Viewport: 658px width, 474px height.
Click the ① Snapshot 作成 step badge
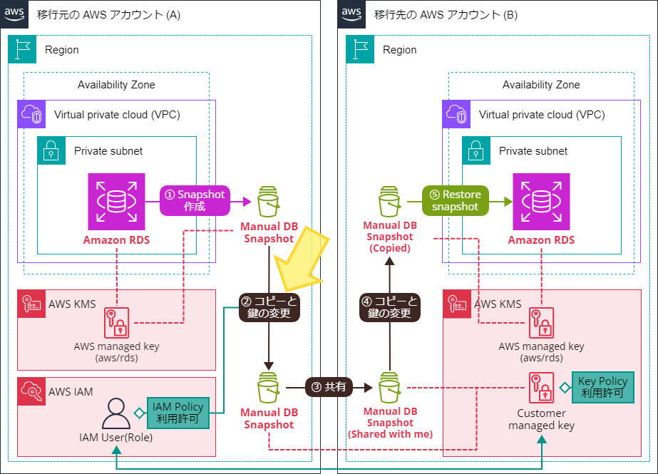(x=195, y=200)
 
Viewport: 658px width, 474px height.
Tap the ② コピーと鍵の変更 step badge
(x=269, y=307)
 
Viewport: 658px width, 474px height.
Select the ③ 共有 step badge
(x=329, y=387)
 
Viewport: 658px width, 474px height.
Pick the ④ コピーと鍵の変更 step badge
(x=390, y=307)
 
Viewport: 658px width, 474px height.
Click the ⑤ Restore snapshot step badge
(x=456, y=200)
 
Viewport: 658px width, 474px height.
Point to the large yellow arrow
(x=303, y=260)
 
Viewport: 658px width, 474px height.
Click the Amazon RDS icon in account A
(x=117, y=201)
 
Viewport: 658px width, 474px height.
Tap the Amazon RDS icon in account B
(x=541, y=201)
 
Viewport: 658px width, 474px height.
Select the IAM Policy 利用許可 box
(x=178, y=413)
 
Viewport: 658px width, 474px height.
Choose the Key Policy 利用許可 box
(x=603, y=387)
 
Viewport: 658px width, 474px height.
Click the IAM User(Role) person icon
(x=116, y=413)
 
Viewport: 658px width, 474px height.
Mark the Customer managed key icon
(x=541, y=387)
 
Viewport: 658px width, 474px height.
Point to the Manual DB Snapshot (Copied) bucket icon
(x=389, y=202)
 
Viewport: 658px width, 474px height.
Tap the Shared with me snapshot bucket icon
(x=389, y=388)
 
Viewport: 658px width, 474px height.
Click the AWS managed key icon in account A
(x=117, y=323)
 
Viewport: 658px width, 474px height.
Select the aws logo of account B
(x=351, y=14)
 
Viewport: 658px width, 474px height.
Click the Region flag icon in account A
(x=22, y=49)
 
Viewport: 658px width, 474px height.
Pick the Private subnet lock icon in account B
(x=476, y=150)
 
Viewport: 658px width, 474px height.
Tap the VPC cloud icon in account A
(x=31, y=114)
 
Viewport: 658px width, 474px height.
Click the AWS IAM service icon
(x=31, y=391)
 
